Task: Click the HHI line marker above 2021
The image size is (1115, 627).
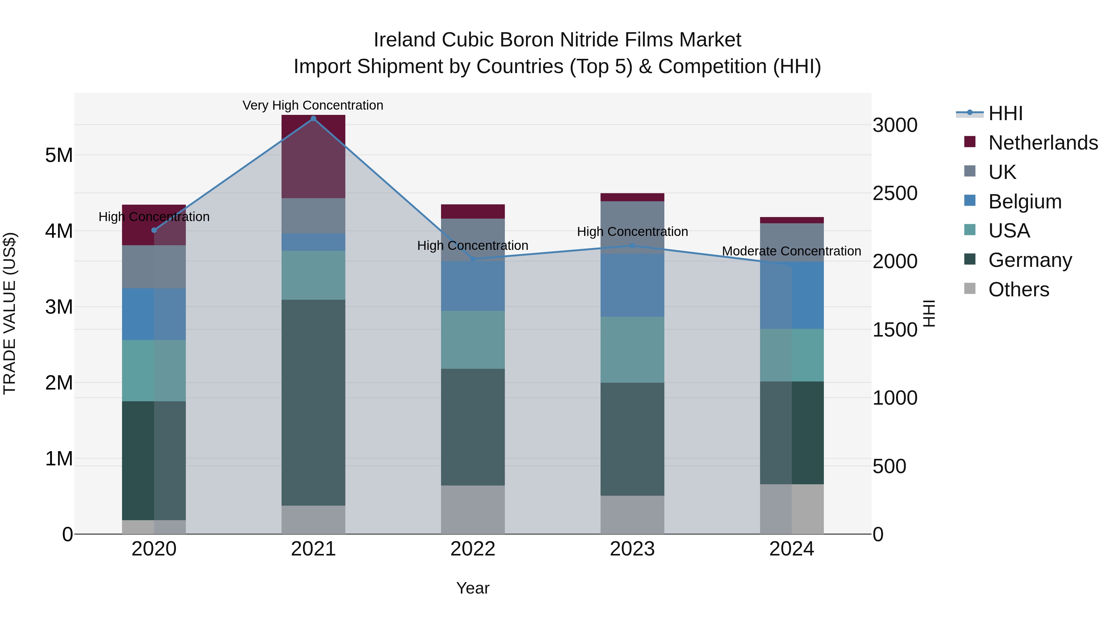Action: point(313,119)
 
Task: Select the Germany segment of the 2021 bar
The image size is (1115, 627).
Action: point(313,403)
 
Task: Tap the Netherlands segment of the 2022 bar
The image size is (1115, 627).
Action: point(473,211)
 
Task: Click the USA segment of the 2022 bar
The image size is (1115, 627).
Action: point(473,340)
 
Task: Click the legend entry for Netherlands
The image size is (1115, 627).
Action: point(1043,143)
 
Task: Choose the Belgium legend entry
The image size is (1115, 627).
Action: point(1025,202)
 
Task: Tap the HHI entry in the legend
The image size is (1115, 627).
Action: point(1005,113)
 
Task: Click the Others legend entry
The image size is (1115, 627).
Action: point(1018,290)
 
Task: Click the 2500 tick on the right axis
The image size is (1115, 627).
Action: point(894,194)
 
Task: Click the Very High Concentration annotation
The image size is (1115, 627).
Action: point(313,106)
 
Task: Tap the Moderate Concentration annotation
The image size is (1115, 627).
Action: point(791,251)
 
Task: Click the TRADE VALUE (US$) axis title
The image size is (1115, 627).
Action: point(10,313)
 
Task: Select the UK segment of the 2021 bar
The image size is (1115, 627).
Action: point(313,216)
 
